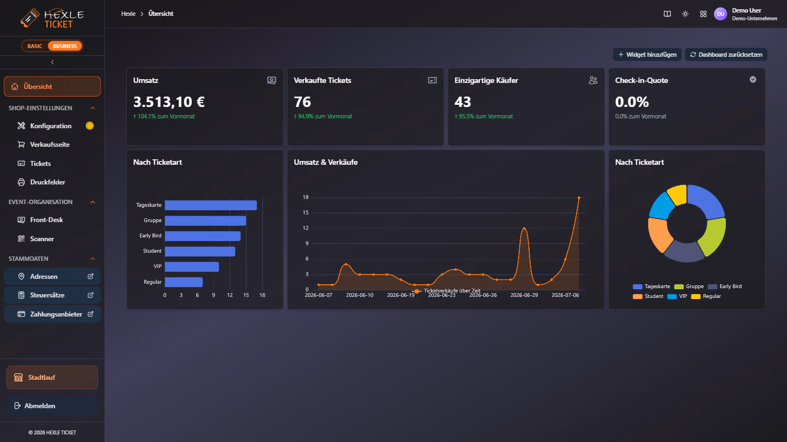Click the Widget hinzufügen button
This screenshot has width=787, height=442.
647,55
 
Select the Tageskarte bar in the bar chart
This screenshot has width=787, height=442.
211,205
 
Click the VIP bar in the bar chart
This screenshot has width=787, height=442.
192,267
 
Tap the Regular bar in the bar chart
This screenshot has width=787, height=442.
184,282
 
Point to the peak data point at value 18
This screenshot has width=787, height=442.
579,198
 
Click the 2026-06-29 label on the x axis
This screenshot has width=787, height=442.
524,295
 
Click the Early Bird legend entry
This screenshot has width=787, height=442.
725,286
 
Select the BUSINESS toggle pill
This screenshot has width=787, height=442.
64,46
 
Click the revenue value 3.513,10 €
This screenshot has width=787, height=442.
169,102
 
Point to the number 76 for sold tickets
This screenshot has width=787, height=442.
302,102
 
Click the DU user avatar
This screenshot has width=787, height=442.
720,14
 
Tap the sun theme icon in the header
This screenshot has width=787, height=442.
685,14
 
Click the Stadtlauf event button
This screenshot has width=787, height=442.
52,378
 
